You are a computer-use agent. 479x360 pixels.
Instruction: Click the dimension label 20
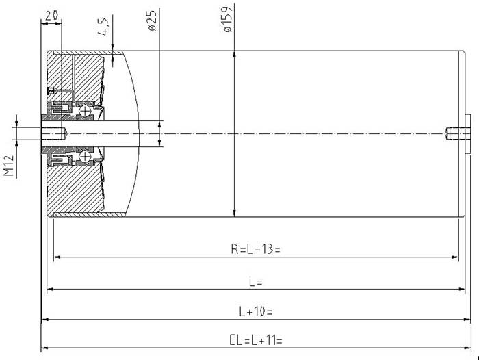point(51,16)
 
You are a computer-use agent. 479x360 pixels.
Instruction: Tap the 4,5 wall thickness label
point(103,27)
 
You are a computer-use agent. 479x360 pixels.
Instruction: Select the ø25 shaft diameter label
point(152,21)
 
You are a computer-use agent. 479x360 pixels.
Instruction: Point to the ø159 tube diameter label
point(228,18)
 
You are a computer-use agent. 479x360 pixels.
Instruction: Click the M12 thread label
point(9,166)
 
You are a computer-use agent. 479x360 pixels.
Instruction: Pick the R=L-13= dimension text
point(255,249)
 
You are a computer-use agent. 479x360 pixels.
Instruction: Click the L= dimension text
point(256,281)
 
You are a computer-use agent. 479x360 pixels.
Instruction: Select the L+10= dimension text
point(256,311)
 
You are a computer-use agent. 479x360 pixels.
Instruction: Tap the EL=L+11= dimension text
point(256,340)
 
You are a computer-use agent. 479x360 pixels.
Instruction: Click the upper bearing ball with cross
point(85,111)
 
